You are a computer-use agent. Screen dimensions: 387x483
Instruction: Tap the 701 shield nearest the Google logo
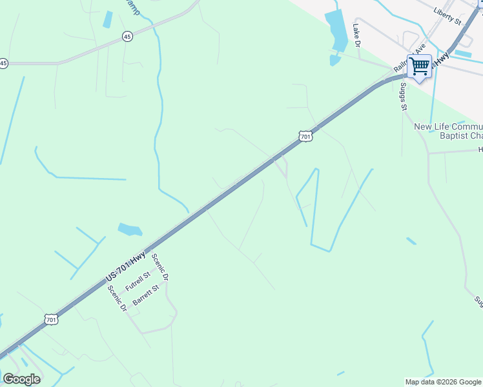52,319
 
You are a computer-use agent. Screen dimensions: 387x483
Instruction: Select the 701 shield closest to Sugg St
306,136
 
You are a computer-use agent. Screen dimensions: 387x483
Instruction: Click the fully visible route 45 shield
127,37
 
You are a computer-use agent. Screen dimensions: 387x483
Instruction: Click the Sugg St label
404,96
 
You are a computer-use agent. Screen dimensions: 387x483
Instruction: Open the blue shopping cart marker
420,66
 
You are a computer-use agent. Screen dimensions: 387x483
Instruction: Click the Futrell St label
138,283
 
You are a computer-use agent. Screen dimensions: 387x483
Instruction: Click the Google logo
21,379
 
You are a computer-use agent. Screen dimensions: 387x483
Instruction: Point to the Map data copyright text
443,382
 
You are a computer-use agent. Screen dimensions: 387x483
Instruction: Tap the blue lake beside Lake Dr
336,31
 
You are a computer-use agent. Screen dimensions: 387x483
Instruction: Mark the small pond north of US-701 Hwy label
130,229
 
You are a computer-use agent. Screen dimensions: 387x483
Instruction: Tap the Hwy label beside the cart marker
442,59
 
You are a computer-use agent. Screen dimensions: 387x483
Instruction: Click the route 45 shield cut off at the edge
4,63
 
